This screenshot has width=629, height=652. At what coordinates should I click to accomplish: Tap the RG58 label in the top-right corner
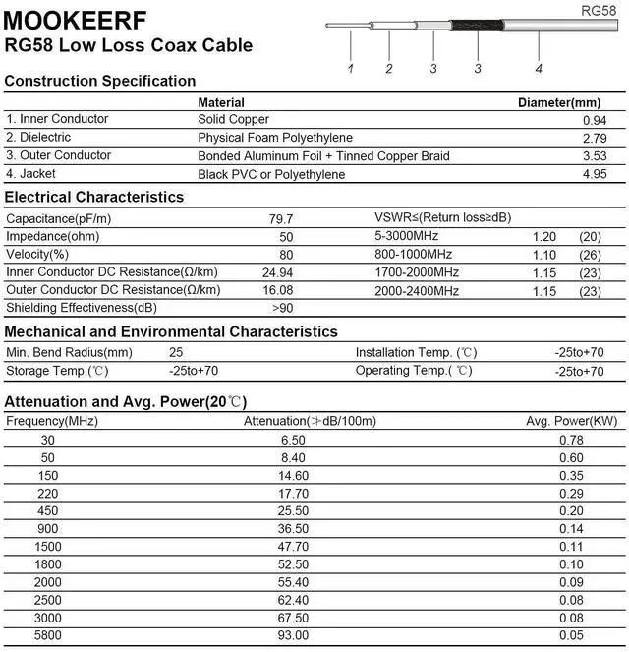(x=598, y=10)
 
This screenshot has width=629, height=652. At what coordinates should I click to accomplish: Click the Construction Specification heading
(x=100, y=81)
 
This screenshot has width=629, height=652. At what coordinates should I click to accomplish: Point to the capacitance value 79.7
(x=281, y=218)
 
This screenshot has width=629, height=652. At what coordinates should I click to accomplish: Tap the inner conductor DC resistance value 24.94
(x=278, y=272)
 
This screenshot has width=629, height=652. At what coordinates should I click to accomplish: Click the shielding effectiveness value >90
(x=282, y=309)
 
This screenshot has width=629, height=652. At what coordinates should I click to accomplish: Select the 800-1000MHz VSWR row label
(x=414, y=254)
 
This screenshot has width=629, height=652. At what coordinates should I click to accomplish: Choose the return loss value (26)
(x=590, y=254)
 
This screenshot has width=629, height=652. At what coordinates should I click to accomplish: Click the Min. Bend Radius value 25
(x=176, y=352)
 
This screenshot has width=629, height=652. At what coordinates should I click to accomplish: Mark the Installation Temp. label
(x=416, y=352)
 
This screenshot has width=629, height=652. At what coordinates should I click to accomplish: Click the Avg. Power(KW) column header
(x=571, y=421)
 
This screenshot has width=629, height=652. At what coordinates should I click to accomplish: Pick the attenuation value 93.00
(x=293, y=636)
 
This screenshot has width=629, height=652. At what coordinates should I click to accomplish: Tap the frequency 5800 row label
(x=47, y=636)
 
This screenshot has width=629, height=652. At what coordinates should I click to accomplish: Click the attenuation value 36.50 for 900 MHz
(x=293, y=528)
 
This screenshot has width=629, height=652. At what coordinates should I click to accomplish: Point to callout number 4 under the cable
(x=539, y=68)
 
